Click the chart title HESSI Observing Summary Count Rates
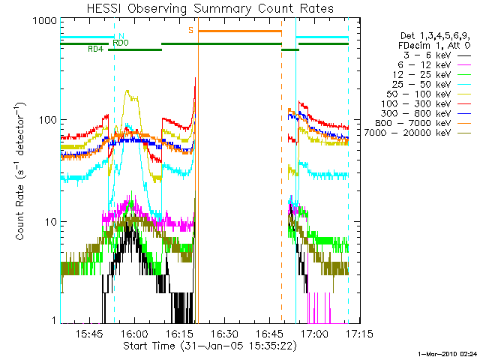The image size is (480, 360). click(x=204, y=8)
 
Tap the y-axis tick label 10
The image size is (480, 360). click(x=49, y=222)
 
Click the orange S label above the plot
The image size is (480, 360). click(x=191, y=30)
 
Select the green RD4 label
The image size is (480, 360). click(x=95, y=49)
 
